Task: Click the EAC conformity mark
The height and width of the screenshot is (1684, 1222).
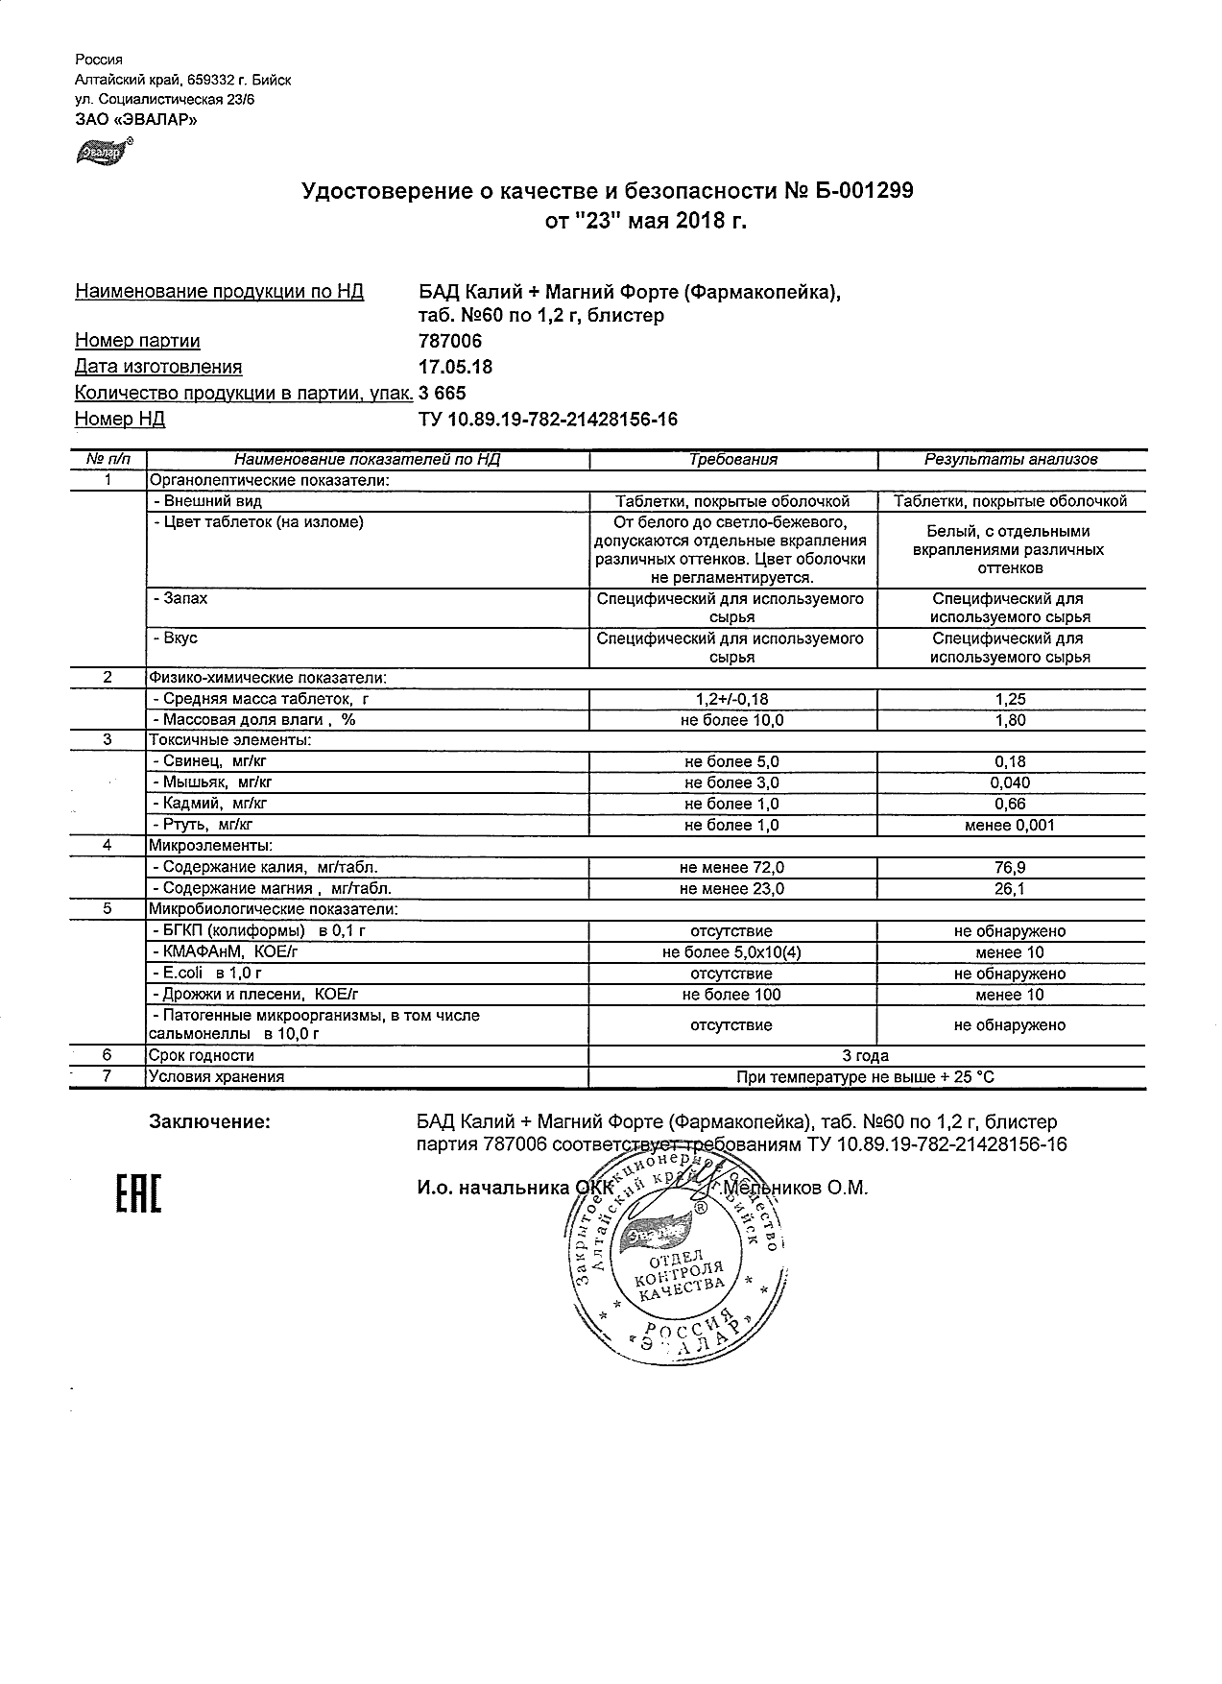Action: (138, 1192)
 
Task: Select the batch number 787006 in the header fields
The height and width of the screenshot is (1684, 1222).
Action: (450, 341)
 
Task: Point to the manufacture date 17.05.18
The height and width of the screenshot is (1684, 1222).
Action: (456, 367)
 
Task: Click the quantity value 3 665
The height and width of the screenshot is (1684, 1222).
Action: (443, 393)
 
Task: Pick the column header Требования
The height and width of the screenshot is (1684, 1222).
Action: (733, 459)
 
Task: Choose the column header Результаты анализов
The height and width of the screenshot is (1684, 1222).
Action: (1011, 459)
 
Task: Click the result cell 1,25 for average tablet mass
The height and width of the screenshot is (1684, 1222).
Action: (1010, 699)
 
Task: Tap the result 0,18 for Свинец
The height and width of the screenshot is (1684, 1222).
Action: (1010, 761)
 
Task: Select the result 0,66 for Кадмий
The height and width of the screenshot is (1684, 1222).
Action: (1010, 804)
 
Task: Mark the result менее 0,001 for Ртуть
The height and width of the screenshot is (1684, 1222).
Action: (1010, 825)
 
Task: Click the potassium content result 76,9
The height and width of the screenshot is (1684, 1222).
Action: (1010, 867)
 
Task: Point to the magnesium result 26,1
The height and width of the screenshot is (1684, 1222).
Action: (1010, 888)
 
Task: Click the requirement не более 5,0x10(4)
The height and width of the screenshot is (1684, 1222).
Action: (731, 952)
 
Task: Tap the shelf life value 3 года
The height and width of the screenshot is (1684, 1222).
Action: (865, 1056)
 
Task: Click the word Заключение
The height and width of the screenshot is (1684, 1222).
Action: (209, 1121)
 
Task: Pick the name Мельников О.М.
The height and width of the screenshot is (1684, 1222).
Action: (796, 1188)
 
